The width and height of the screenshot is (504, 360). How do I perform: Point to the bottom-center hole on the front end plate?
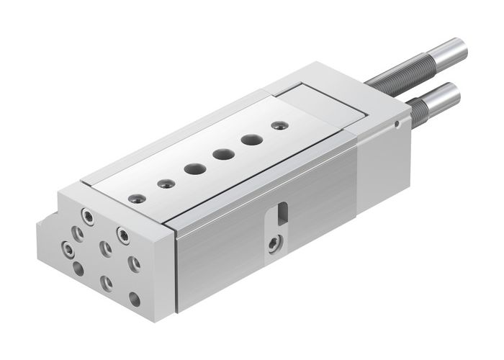(107, 282)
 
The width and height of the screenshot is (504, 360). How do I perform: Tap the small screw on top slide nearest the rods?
(276, 126)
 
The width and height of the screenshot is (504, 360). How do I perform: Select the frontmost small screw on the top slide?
(133, 197)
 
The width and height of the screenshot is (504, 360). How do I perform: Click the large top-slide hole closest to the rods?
(250, 140)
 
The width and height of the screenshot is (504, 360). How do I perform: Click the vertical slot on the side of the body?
(282, 214)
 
